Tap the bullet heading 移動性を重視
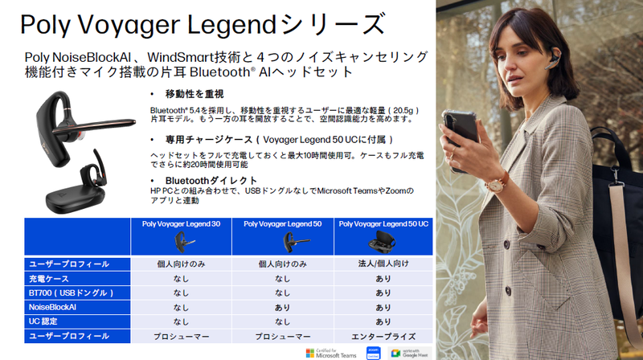196,94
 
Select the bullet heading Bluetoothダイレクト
211,180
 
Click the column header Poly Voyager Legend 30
181,224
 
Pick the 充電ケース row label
48,278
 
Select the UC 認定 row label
45,321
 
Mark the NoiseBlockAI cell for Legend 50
283,307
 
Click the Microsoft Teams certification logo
330,353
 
